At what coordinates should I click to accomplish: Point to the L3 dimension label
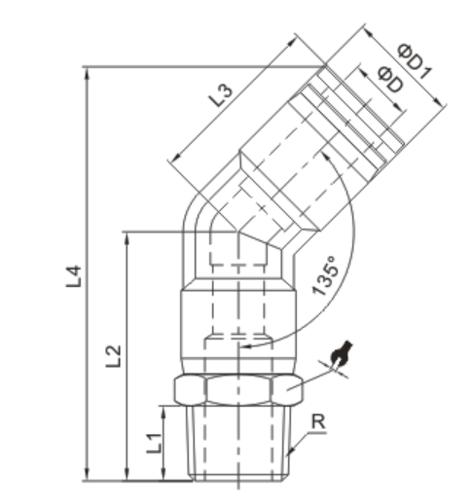coord(221,95)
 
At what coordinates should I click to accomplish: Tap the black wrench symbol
coord(341,357)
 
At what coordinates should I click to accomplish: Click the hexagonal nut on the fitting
coord(233,391)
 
